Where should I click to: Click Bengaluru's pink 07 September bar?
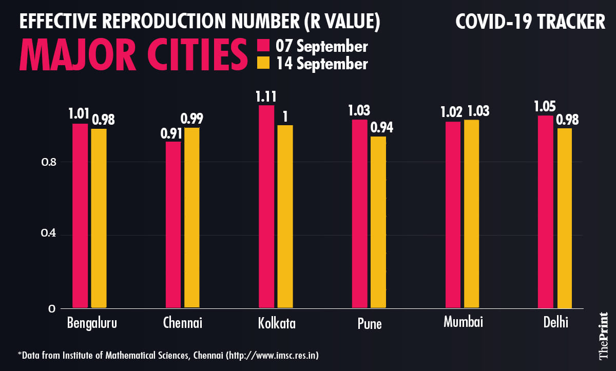click(80, 216)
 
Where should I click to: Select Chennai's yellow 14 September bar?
click(192, 218)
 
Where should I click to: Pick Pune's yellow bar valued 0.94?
click(378, 222)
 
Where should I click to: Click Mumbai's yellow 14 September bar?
click(471, 214)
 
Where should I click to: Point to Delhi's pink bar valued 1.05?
click(545, 212)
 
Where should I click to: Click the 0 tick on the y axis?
click(52, 308)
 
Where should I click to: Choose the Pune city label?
click(369, 324)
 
